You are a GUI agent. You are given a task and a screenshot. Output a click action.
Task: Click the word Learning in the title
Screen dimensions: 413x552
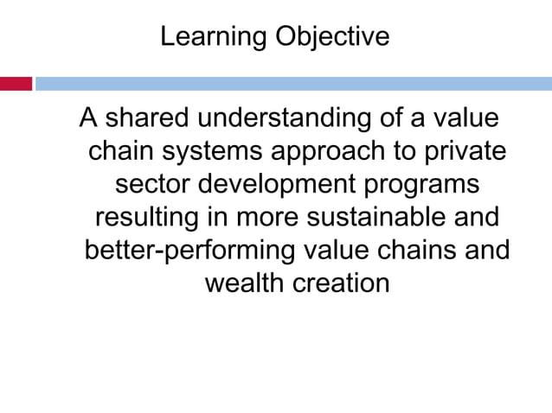[x=213, y=37]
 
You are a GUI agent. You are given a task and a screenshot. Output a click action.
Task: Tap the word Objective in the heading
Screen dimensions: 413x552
[x=331, y=37]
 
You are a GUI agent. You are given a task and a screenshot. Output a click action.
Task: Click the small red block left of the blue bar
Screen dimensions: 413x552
[x=16, y=84]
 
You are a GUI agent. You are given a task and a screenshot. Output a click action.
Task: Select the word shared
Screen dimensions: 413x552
[x=148, y=118]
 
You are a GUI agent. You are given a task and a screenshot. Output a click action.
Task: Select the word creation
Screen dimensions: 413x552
[x=343, y=283]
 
